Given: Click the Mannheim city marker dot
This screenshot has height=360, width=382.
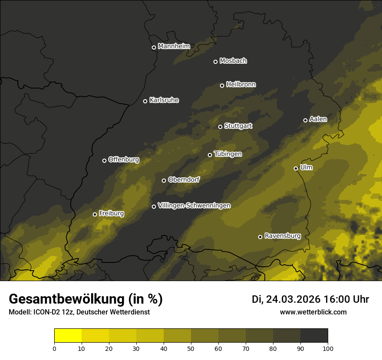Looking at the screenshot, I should pyautogui.click(x=154, y=48).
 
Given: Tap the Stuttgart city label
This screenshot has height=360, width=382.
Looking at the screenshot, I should pyautogui.click(x=238, y=126).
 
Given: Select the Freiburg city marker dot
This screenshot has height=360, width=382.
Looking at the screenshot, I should pyautogui.click(x=95, y=214).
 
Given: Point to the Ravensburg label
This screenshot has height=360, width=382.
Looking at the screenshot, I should pyautogui.click(x=283, y=236).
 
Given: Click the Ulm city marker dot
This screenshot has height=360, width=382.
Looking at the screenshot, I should pyautogui.click(x=296, y=168).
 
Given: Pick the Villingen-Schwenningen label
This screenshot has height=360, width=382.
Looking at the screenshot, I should pyautogui.click(x=194, y=206).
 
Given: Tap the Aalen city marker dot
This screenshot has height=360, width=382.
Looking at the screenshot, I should pyautogui.click(x=305, y=120).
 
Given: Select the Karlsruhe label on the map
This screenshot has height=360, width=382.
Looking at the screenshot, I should pyautogui.click(x=164, y=100).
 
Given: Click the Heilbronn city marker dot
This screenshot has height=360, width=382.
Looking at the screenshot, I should pyautogui.click(x=222, y=85).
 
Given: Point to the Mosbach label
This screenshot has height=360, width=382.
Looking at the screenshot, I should pyautogui.click(x=233, y=61).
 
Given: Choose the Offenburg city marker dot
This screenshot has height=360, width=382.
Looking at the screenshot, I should pyautogui.click(x=104, y=160).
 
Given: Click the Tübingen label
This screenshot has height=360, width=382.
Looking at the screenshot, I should pyautogui.click(x=228, y=154).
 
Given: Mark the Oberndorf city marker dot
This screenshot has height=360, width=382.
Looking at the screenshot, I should pyautogui.click(x=164, y=180).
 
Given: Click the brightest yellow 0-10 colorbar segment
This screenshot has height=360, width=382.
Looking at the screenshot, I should pyautogui.click(x=68, y=336).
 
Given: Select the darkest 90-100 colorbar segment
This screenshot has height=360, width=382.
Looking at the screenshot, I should pyautogui.click(x=314, y=336).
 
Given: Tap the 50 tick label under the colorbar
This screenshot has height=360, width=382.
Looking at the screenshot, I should pyautogui.click(x=191, y=348).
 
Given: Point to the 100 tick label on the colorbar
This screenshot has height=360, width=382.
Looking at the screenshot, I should pyautogui.click(x=328, y=348).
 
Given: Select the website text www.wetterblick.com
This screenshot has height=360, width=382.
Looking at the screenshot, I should pyautogui.click(x=313, y=312).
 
